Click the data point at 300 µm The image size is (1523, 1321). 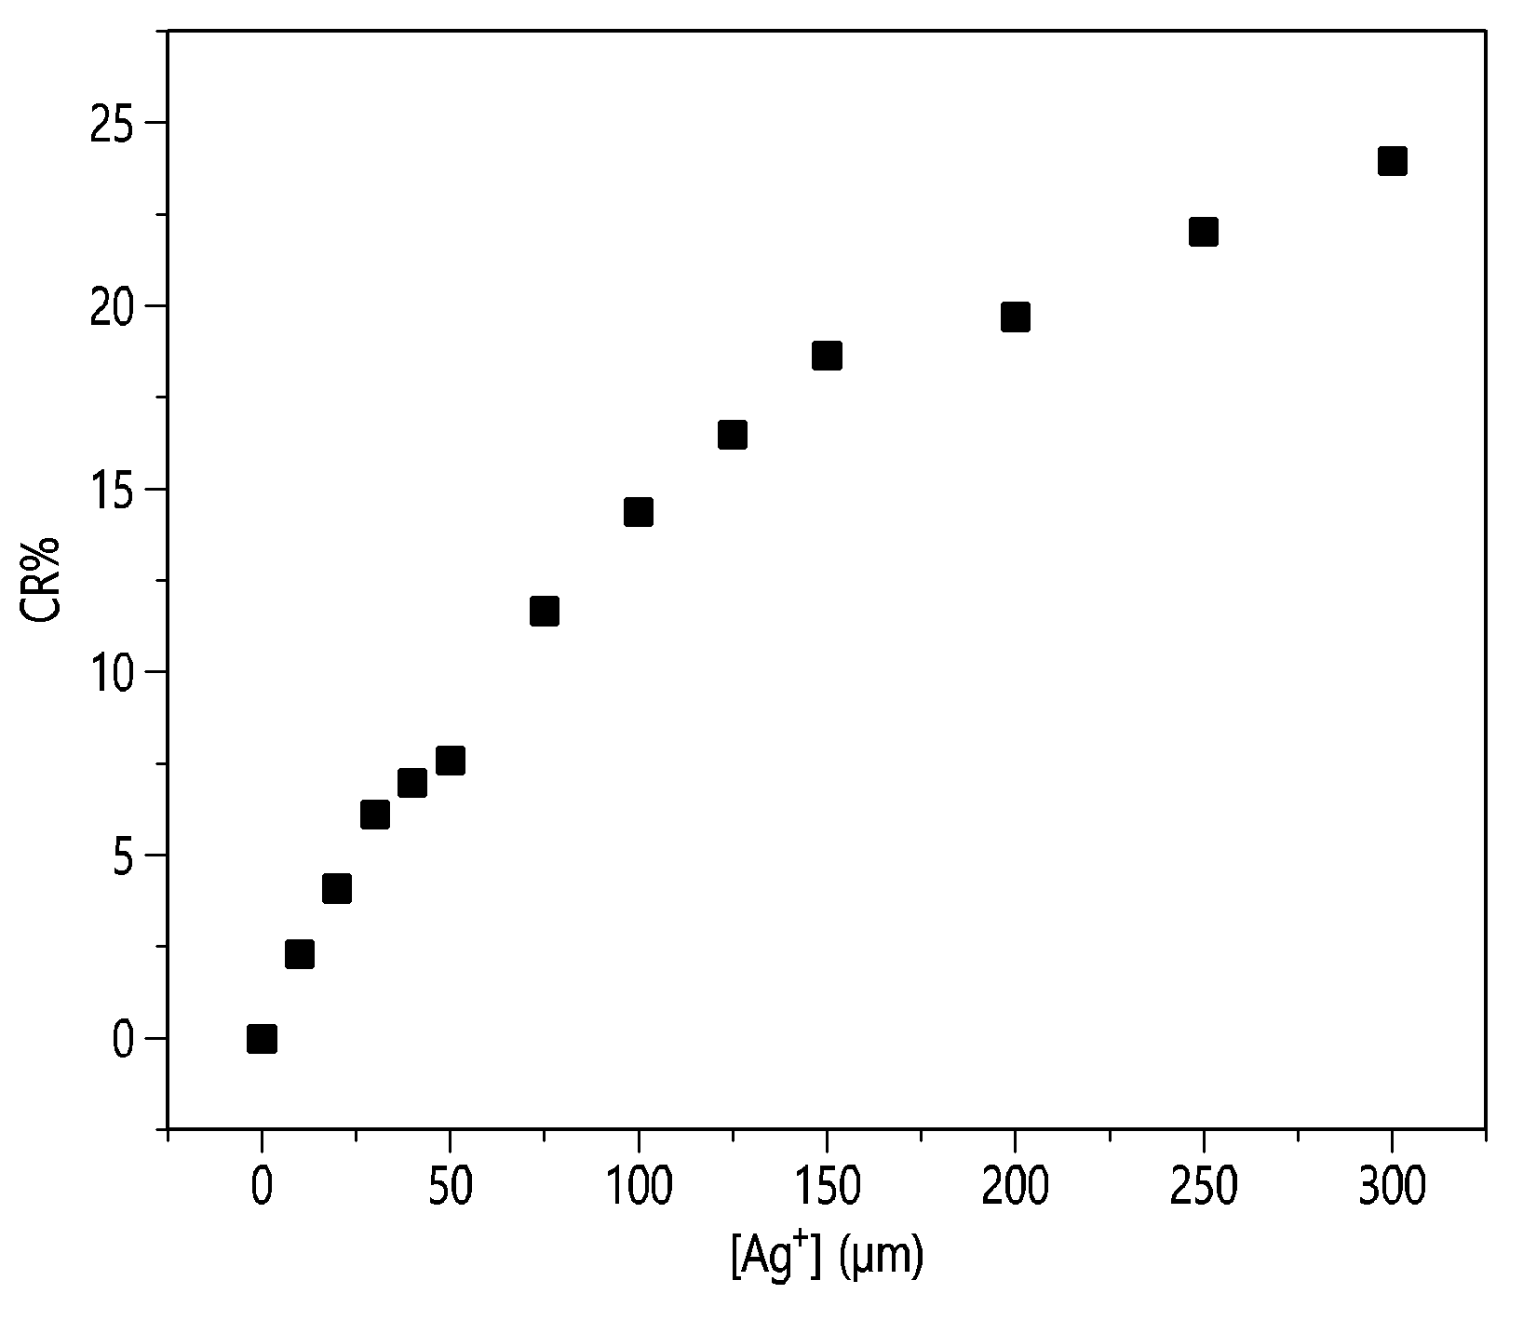pos(1392,161)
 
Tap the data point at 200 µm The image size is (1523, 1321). pos(1015,317)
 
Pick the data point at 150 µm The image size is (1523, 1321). pos(827,356)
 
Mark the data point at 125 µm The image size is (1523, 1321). pos(733,435)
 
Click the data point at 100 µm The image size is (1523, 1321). pos(638,512)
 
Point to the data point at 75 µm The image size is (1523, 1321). pos(544,611)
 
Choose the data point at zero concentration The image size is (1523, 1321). pos(262,1038)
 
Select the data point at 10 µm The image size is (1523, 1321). pos(299,954)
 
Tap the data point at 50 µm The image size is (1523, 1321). pos(450,761)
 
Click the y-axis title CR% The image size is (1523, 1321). pos(42,580)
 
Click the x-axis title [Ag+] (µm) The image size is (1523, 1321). pos(826,1258)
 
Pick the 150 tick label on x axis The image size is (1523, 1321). pos(827,1188)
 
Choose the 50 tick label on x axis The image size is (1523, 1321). pos(450,1188)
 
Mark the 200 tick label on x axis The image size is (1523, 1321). pos(1015,1188)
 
